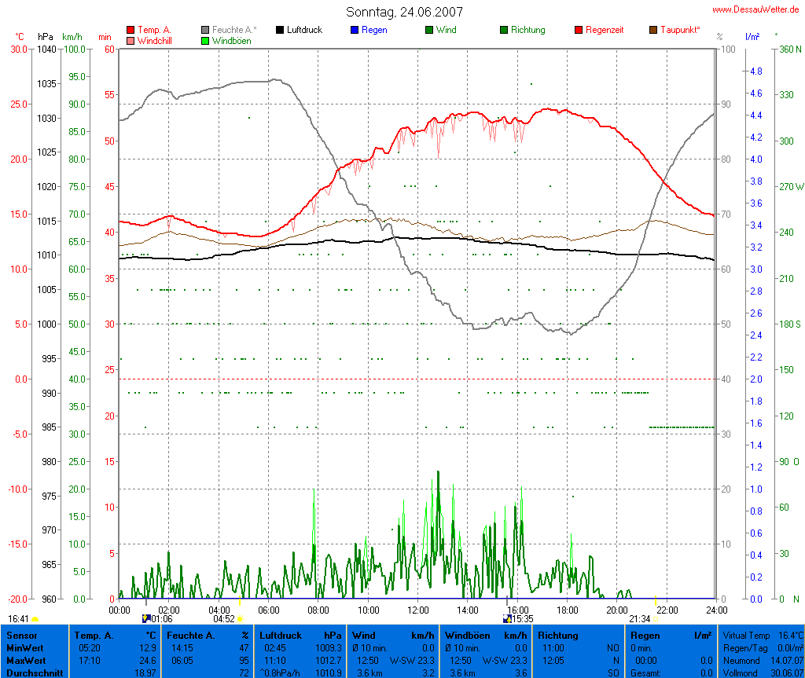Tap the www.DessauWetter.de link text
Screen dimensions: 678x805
coord(756,9)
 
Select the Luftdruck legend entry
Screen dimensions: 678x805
coord(304,30)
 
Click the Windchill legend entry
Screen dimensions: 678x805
coord(154,41)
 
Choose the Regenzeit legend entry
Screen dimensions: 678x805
coord(605,30)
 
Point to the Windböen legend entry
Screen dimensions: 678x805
coord(231,41)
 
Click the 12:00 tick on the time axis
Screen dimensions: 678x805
coord(418,610)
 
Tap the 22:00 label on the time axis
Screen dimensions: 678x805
coord(667,610)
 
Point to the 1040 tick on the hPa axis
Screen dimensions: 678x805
coord(46,49)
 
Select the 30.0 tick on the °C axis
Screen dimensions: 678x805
coord(18,49)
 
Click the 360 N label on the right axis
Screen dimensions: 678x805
coord(788,49)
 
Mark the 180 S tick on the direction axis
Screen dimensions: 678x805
coord(788,324)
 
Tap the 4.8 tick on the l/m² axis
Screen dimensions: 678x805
coord(755,71)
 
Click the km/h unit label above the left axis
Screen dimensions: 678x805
coord(72,37)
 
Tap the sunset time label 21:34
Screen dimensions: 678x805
coord(639,619)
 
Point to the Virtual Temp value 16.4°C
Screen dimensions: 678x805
coord(785,635)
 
